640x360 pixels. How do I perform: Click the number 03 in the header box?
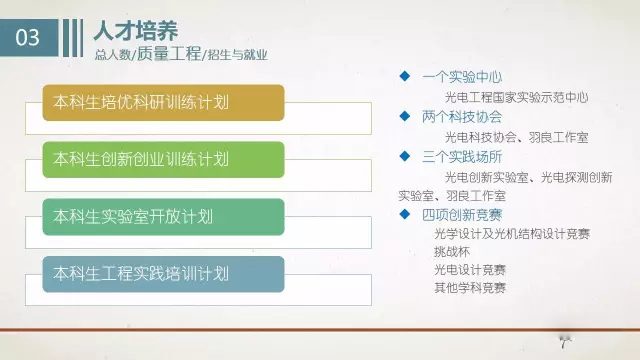tap(30, 38)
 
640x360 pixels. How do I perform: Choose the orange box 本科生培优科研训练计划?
tap(164, 100)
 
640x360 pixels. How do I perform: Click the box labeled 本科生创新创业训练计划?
tap(164, 158)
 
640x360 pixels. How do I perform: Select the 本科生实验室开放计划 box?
tap(164, 215)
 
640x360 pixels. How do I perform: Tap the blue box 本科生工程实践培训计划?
tap(164, 272)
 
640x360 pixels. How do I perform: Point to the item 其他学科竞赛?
tap(469, 288)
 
